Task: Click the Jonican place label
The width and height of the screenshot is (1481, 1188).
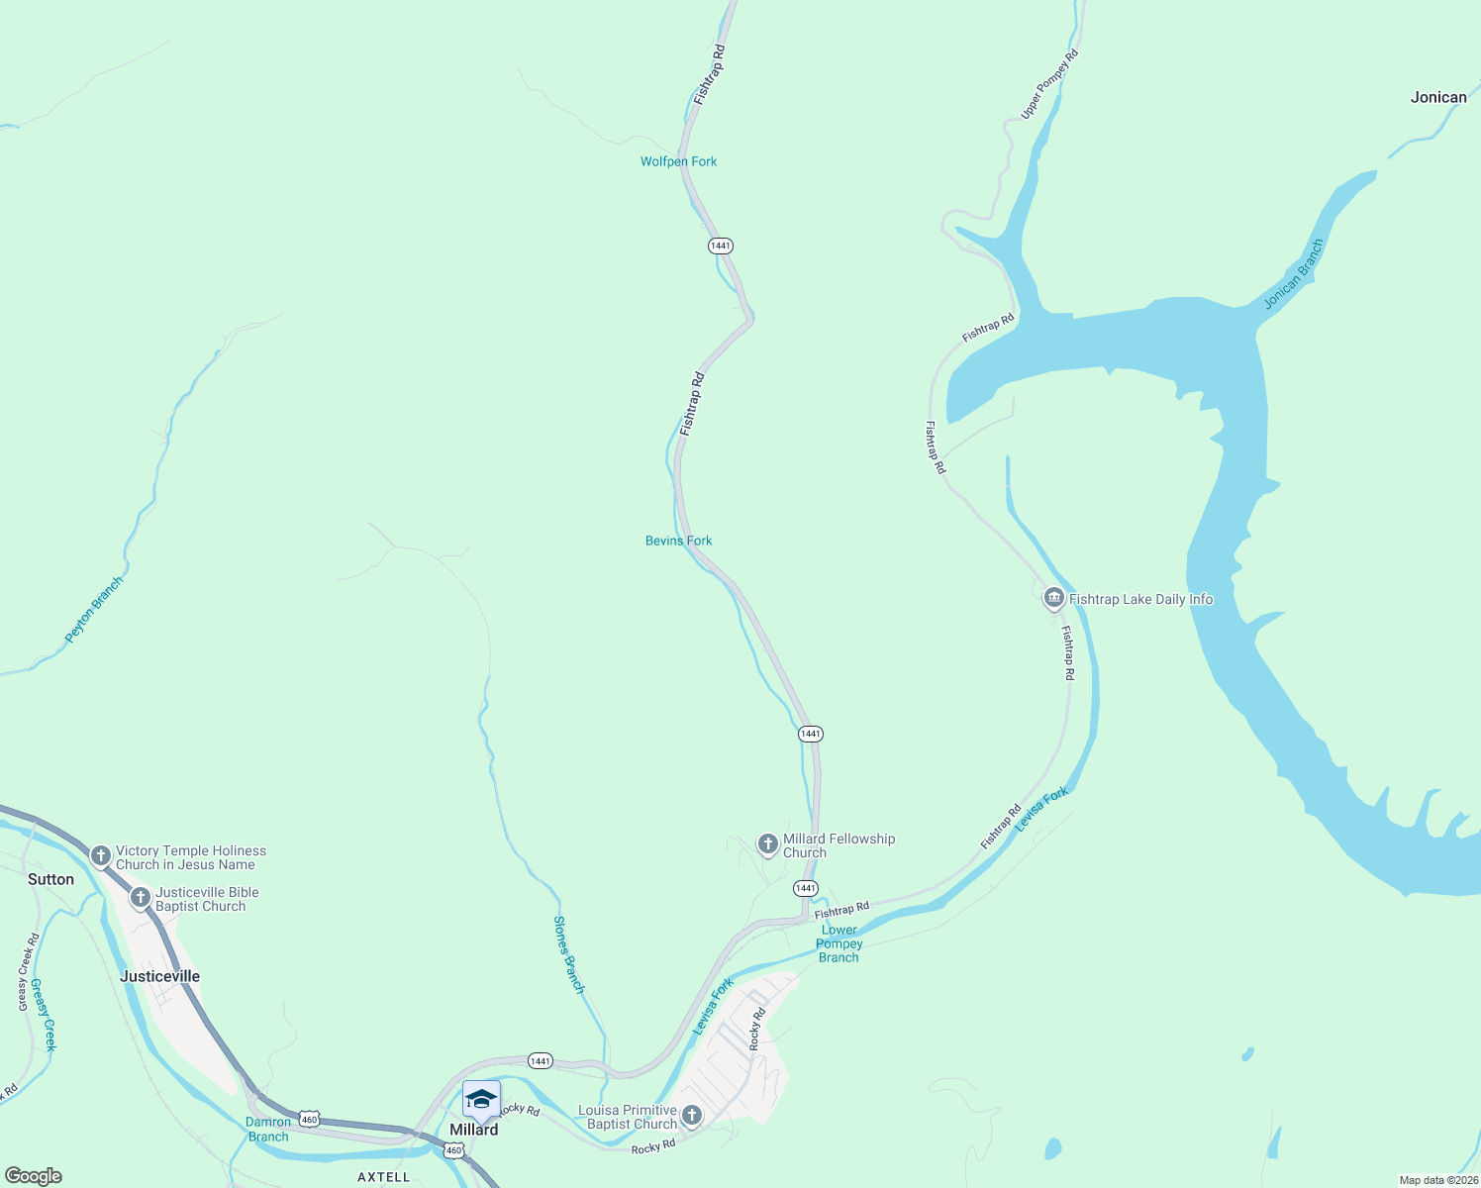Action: click(1438, 97)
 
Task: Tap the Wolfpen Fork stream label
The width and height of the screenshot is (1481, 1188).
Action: click(678, 161)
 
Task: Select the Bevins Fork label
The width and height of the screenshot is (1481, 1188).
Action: click(678, 541)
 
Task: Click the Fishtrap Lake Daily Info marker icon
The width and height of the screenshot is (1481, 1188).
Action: click(1053, 598)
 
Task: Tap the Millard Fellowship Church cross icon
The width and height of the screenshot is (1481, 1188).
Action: click(767, 844)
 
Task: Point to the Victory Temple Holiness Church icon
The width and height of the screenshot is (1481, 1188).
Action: click(100, 855)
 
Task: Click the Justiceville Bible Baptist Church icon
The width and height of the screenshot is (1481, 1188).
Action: click(141, 898)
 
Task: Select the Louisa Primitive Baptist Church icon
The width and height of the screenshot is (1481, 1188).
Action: click(692, 1116)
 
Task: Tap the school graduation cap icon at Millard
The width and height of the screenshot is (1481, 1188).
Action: click(481, 1100)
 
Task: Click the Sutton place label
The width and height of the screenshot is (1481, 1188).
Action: click(50, 879)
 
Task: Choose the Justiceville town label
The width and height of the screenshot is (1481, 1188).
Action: click(159, 976)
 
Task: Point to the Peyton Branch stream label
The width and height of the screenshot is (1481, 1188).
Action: click(94, 610)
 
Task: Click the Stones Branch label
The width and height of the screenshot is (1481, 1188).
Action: click(569, 954)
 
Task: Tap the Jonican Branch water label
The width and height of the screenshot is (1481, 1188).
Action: click(1294, 274)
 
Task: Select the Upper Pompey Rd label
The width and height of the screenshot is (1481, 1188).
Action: click(1049, 84)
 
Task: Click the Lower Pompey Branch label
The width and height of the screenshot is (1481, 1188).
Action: click(839, 943)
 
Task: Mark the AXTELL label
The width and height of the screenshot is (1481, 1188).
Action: click(383, 1177)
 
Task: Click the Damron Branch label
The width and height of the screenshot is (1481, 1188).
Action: click(268, 1129)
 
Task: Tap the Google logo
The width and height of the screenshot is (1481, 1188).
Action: click(33, 1176)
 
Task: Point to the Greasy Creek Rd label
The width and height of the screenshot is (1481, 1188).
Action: click(28, 972)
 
